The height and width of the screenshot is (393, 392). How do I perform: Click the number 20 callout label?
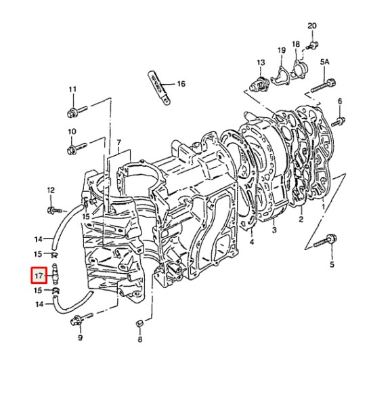point(311,26)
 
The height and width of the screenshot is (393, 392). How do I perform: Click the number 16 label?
point(181,84)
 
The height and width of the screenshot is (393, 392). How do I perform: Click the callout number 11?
point(72,89)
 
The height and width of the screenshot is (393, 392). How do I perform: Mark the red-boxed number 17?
point(38,276)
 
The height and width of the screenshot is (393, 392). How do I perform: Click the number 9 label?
point(80,337)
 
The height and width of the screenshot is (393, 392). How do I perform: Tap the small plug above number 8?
point(138,323)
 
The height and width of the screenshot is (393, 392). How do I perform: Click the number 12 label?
point(50,190)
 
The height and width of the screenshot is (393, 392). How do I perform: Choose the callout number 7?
point(118,143)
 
